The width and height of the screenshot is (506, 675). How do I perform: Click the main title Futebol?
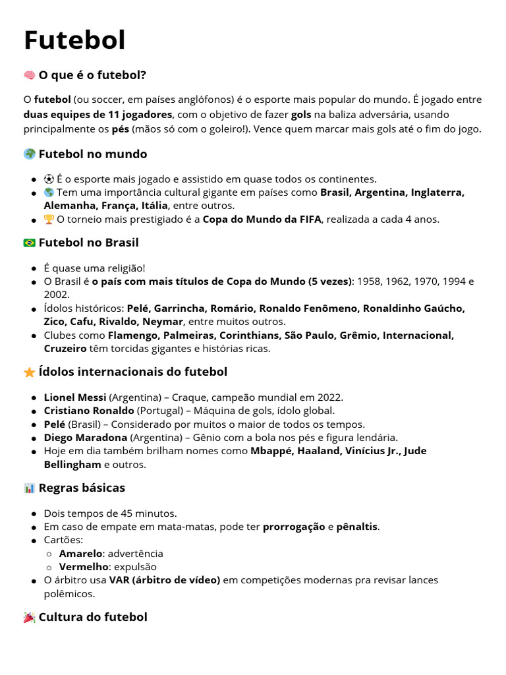point(74,40)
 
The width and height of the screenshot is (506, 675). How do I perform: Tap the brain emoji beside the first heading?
point(30,75)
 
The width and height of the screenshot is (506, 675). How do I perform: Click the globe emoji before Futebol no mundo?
point(30,154)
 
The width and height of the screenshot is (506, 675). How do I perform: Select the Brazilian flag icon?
point(30,243)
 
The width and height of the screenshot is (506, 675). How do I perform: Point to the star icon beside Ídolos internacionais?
point(30,372)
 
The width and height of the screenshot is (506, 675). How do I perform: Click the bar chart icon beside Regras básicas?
point(30,488)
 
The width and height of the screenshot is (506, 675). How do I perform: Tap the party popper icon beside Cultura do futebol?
point(30,618)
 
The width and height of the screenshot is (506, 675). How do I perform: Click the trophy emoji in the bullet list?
point(49,220)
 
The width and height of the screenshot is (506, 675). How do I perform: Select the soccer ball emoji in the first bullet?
point(49,179)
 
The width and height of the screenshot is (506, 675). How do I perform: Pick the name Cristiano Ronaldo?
point(89,411)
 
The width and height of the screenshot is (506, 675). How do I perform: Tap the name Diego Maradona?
point(86,438)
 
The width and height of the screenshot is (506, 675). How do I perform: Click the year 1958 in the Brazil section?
point(369,281)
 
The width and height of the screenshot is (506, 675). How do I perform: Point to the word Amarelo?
point(80,554)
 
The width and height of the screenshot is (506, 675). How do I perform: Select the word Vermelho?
point(83,567)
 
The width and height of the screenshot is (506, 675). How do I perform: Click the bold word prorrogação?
point(294,527)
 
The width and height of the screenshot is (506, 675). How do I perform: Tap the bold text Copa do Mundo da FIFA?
point(262,220)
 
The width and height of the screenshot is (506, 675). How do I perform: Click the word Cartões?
point(63,540)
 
